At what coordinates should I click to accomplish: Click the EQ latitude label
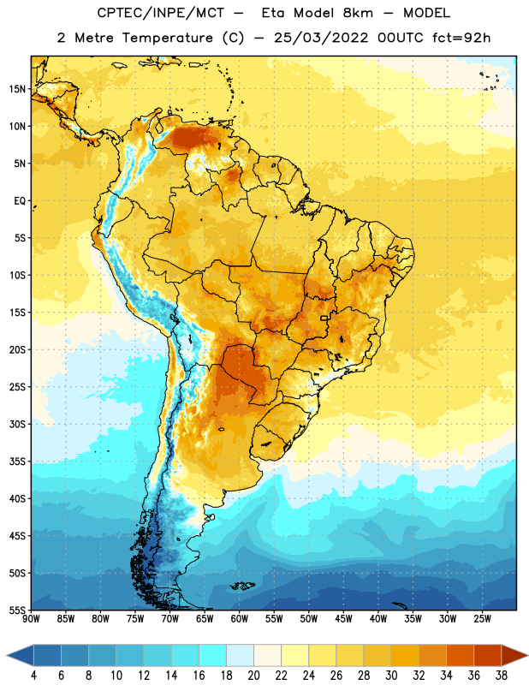(20, 201)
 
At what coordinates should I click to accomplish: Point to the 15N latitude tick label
(17, 89)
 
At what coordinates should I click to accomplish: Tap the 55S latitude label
(17, 610)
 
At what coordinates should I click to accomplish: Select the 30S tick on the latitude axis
(17, 424)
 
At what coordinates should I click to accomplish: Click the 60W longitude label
(239, 619)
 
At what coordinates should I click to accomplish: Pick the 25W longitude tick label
(482, 619)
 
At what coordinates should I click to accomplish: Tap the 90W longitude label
(31, 619)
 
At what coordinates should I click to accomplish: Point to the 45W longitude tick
(343, 619)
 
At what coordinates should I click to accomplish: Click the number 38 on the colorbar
(502, 676)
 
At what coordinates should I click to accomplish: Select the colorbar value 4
(33, 676)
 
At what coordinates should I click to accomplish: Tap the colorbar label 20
(253, 676)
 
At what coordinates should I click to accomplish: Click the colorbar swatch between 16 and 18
(213, 655)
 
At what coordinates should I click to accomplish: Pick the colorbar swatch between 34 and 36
(460, 655)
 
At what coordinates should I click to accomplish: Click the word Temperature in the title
(167, 38)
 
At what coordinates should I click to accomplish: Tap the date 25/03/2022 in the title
(321, 38)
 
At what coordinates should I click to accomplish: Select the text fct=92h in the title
(461, 38)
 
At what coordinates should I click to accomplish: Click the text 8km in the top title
(358, 13)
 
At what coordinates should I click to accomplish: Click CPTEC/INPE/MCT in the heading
(161, 13)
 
